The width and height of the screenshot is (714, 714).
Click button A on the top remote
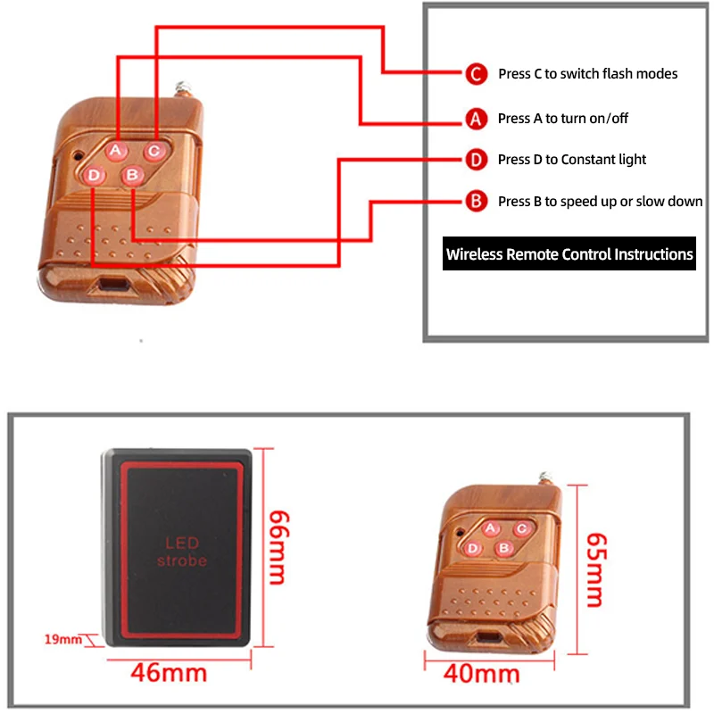click(x=116, y=150)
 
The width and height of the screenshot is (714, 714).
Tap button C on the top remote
click(x=154, y=151)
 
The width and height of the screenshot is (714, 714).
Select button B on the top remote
click(x=132, y=175)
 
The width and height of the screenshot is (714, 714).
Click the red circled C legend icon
click(x=477, y=74)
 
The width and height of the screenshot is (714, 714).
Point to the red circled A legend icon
click(x=477, y=119)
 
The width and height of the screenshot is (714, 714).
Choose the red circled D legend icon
click(x=477, y=160)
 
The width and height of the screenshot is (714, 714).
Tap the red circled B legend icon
click(x=477, y=202)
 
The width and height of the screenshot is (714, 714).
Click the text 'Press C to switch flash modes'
click(x=587, y=74)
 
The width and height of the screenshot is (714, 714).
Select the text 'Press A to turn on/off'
click(x=563, y=119)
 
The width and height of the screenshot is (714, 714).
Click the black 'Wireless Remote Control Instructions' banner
click(x=569, y=253)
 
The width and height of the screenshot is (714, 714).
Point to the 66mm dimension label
click(x=278, y=548)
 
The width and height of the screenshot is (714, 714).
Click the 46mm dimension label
click(x=169, y=673)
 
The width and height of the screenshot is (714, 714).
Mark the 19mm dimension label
click(x=62, y=639)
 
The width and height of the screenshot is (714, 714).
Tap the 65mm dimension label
click(x=596, y=569)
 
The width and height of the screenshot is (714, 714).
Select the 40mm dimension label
click(x=481, y=674)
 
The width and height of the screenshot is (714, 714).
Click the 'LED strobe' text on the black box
click(x=182, y=552)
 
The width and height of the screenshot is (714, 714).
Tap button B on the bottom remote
click(x=504, y=548)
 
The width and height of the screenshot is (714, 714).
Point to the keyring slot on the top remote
click(x=113, y=285)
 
